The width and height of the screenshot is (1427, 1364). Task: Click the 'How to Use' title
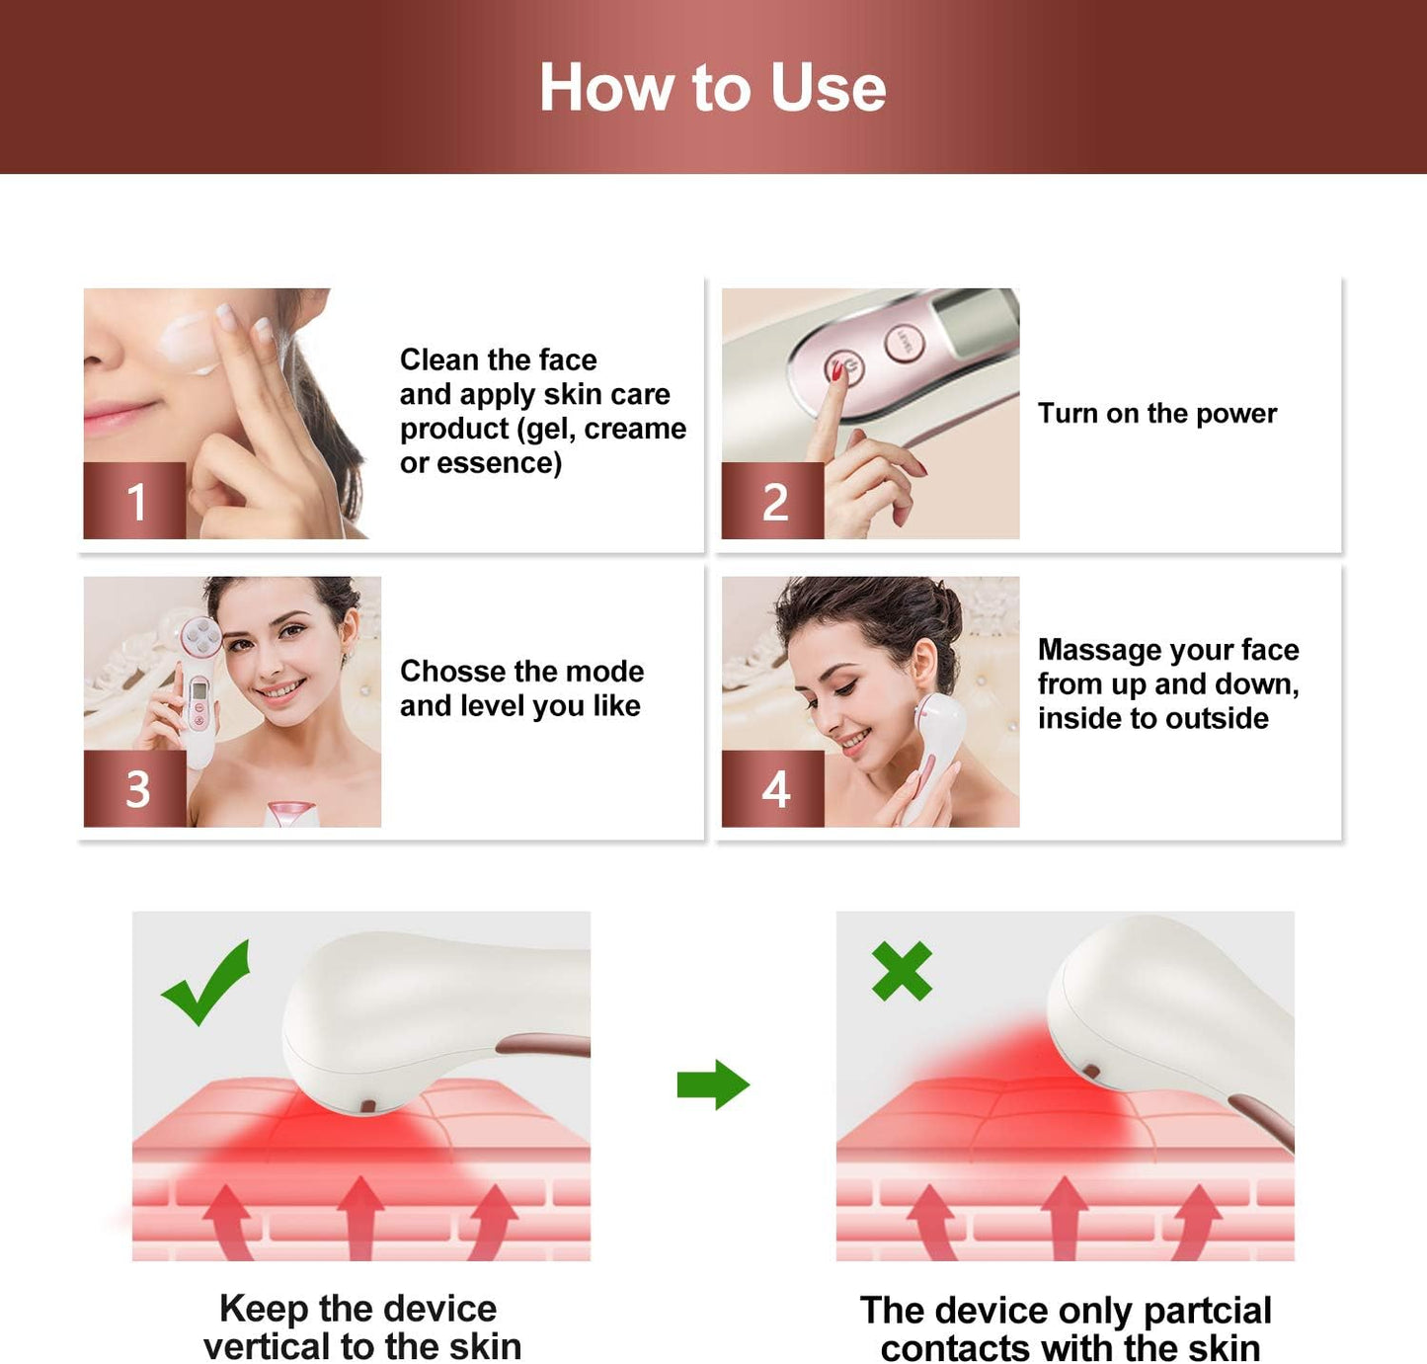pyautogui.click(x=712, y=88)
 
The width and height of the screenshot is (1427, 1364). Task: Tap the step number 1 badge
pyautogui.click(x=135, y=501)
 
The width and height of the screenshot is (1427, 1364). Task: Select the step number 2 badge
pyautogui.click(x=773, y=501)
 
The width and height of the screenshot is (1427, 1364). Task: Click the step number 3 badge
pyautogui.click(x=136, y=788)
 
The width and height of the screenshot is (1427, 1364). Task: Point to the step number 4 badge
pyautogui.click(x=774, y=788)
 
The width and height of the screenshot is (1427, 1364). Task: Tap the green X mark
pyautogui.click(x=901, y=971)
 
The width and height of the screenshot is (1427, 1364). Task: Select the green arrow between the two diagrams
pyautogui.click(x=713, y=1084)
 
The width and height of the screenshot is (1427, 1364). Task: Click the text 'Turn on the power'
pyautogui.click(x=1156, y=413)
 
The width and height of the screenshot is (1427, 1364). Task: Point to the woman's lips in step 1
pyautogui.click(x=117, y=416)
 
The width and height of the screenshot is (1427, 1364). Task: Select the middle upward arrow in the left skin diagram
pyautogui.click(x=360, y=1215)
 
